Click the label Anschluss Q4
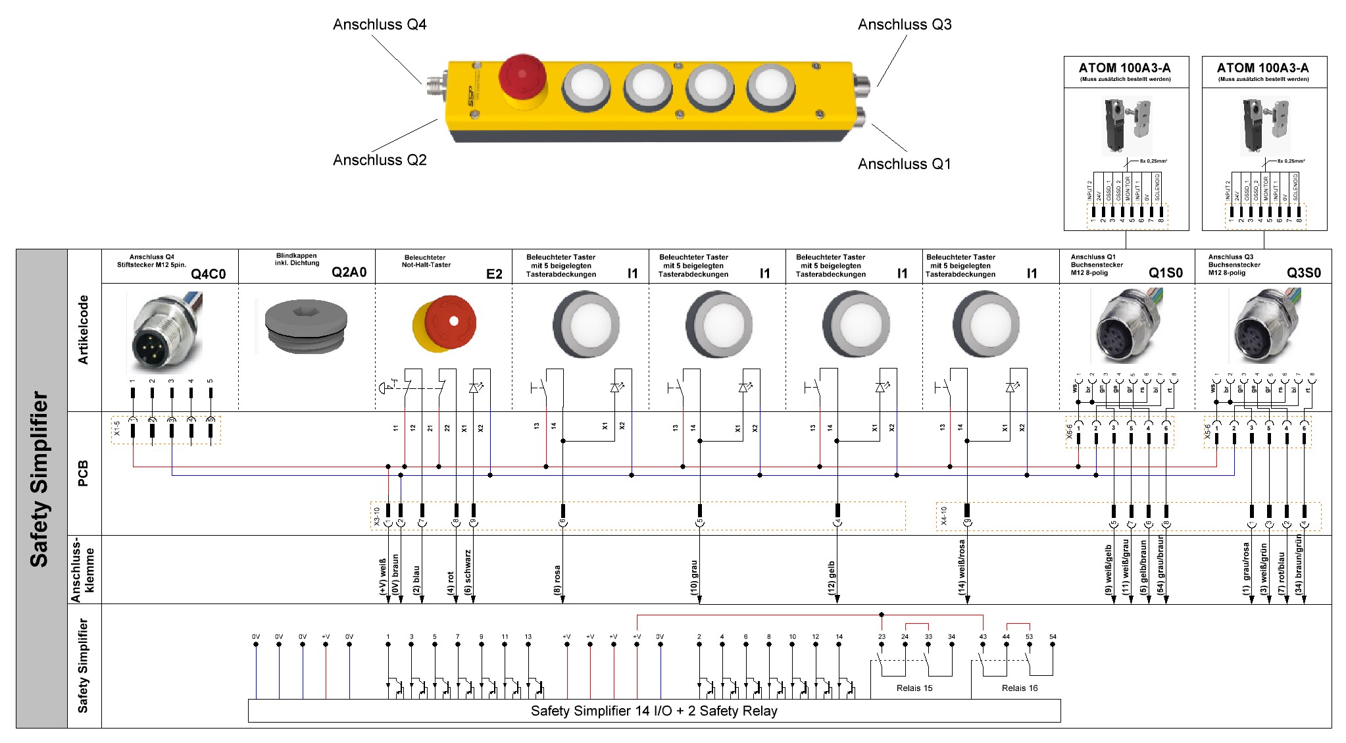(380, 25)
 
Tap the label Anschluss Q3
(905, 25)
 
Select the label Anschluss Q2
(380, 160)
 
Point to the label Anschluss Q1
(905, 164)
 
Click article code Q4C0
(209, 274)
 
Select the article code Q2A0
(349, 272)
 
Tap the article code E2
(494, 274)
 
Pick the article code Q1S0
(1166, 272)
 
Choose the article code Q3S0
(1304, 272)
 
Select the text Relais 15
(914, 688)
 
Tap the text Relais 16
(1020, 688)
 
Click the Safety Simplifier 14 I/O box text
(654, 711)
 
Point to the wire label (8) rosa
(557, 580)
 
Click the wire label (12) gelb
(832, 578)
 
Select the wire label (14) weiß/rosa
(961, 568)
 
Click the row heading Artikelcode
(84, 330)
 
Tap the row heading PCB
(84, 473)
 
